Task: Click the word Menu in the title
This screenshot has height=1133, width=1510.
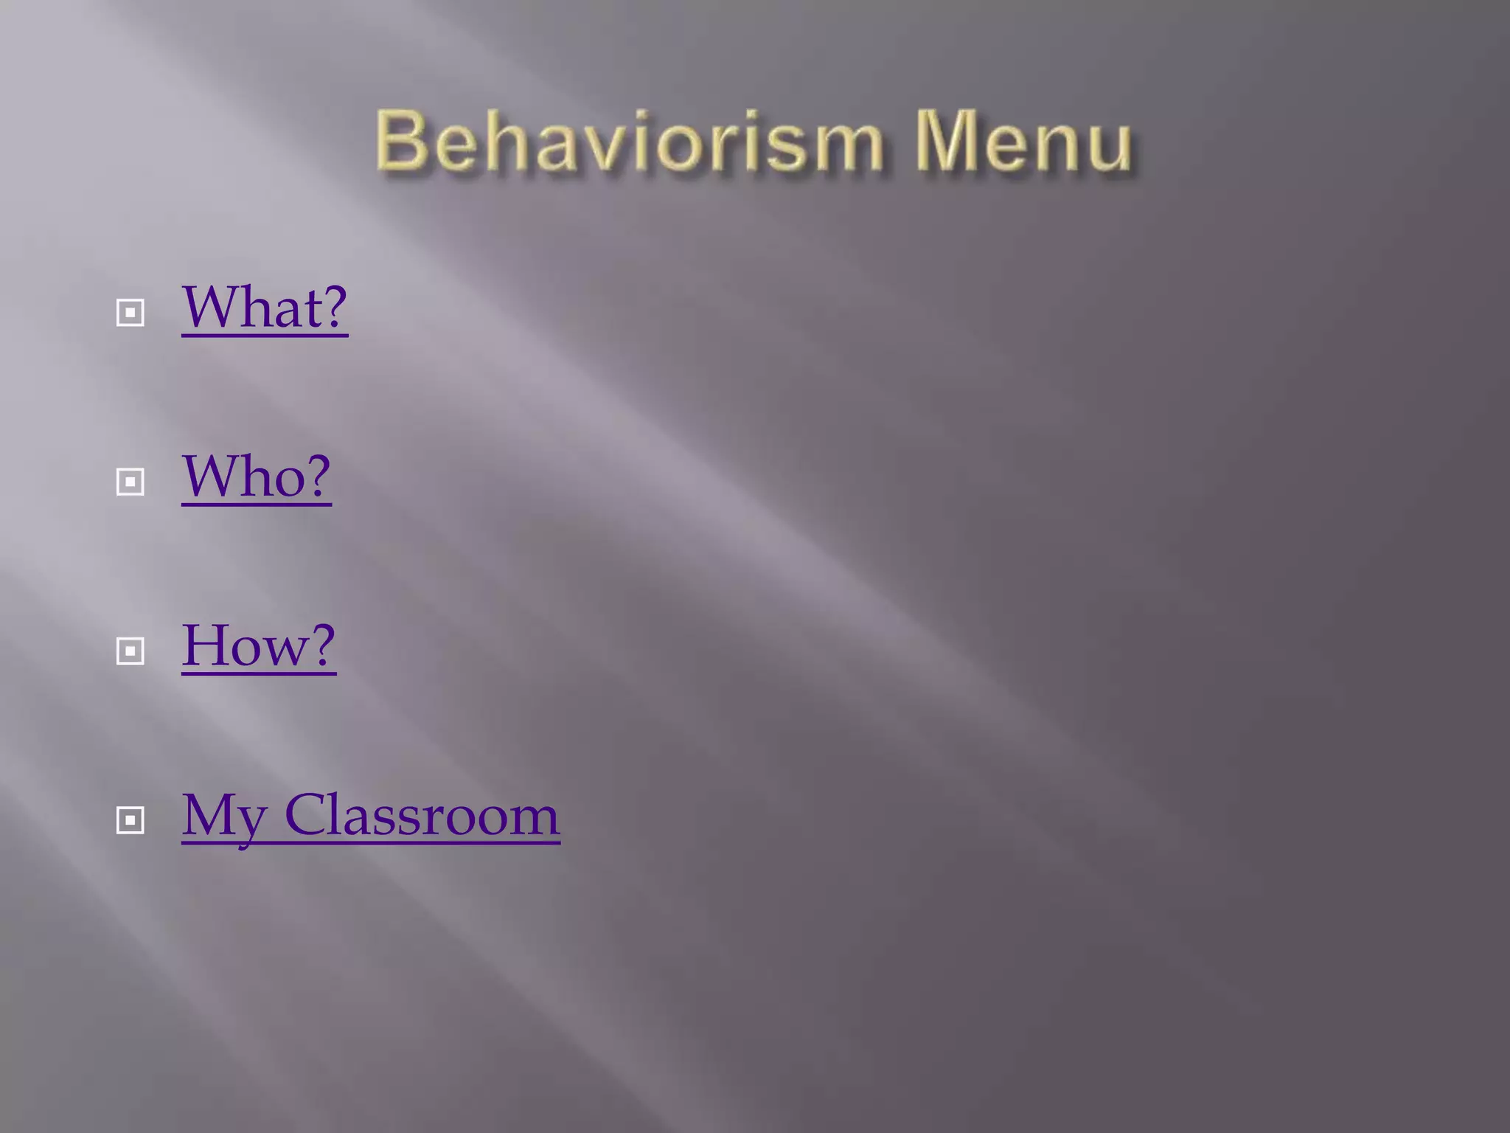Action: tap(1023, 141)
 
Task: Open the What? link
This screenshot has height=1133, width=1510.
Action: tap(264, 308)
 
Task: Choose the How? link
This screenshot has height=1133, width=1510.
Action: tap(259, 645)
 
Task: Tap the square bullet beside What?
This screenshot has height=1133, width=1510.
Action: tap(131, 313)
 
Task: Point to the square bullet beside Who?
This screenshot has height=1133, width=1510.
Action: tap(131, 482)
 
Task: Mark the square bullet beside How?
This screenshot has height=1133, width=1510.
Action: tap(131, 651)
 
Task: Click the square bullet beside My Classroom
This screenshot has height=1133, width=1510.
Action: tap(131, 820)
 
